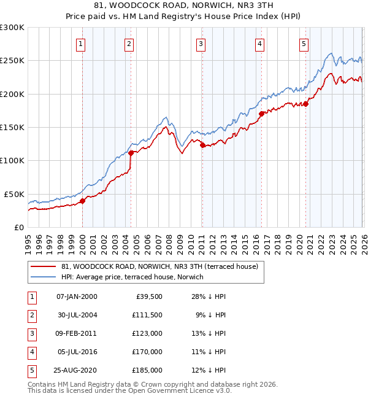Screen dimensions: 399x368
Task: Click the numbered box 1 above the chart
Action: pos(82,44)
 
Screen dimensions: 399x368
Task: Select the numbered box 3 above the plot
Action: pos(201,44)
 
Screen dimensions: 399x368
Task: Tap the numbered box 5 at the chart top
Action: pos(304,44)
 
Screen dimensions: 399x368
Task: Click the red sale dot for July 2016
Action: pos(261,114)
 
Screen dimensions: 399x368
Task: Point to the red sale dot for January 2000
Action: pos(83,201)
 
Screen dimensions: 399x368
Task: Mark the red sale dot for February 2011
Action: pos(202,145)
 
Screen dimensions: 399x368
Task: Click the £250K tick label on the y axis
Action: pos(12,61)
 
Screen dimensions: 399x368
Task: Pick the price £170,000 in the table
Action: pos(148,352)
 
